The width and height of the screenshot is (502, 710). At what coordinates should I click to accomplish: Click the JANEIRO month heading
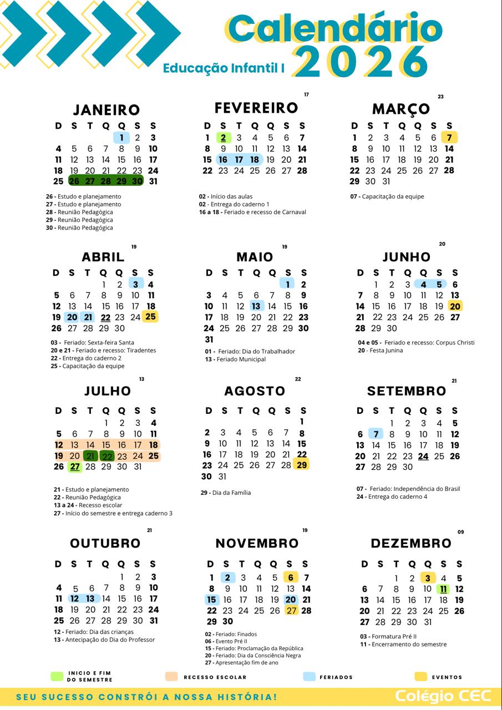point(107,110)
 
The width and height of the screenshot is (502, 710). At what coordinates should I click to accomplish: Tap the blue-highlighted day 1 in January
point(121,138)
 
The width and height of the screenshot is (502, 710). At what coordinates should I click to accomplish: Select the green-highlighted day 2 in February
point(223,138)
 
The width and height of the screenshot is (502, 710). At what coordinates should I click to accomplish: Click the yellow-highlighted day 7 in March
point(449,138)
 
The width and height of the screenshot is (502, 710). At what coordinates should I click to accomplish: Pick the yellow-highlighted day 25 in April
point(151,317)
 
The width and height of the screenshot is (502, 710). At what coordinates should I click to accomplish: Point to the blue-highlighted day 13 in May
point(256,306)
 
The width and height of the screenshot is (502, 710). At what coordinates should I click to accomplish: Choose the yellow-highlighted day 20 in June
point(455,306)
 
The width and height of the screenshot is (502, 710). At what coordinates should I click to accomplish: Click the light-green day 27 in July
point(74,466)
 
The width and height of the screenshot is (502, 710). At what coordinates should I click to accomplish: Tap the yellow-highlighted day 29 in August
point(302,465)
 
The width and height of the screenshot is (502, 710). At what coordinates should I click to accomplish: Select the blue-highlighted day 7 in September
point(376,434)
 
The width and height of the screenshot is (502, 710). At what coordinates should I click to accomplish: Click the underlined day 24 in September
point(423,457)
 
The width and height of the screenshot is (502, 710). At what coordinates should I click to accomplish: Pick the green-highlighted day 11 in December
point(443,589)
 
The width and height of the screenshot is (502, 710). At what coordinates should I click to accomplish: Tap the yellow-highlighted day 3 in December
point(428,578)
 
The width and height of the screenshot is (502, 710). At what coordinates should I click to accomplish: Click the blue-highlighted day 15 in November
point(211,600)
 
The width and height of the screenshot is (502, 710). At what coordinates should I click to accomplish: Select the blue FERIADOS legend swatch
point(310,677)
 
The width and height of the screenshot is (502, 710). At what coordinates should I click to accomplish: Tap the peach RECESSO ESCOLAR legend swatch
point(171,677)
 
